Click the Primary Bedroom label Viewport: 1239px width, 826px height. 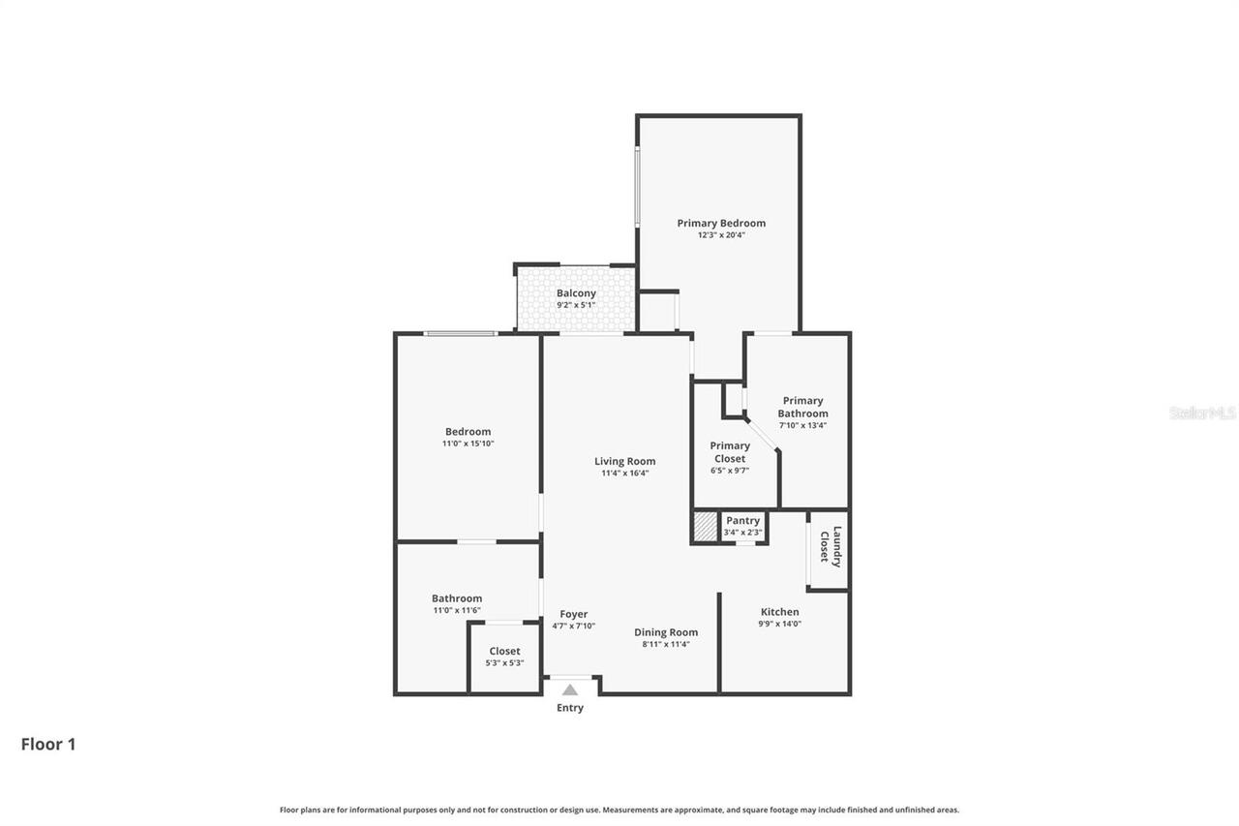tap(721, 223)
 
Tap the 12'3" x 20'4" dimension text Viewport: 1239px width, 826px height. tap(721, 234)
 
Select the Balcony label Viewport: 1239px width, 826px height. tap(576, 293)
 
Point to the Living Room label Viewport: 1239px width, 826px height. tap(624, 461)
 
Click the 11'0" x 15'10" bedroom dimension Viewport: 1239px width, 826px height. tap(468, 444)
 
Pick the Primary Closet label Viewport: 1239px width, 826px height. tap(730, 452)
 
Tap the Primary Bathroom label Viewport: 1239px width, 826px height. tap(802, 407)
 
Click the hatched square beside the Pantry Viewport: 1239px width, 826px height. tap(706, 527)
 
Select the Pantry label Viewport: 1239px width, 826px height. tap(742, 521)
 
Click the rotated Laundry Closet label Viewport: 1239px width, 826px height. tap(831, 546)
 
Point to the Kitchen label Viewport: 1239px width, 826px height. tap(779, 612)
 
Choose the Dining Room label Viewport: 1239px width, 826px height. tap(666, 632)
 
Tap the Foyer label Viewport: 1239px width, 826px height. tap(574, 614)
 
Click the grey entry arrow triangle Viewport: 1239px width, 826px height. tap(570, 689)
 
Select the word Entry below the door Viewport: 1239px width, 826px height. tap(570, 708)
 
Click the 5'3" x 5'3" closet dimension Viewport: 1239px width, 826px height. tap(504, 662)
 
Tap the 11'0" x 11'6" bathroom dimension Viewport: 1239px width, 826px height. tap(457, 610)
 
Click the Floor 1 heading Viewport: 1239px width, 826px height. tap(48, 744)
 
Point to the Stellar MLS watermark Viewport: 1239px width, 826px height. tap(1202, 413)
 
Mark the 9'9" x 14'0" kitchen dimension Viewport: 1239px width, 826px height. tap(780, 624)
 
